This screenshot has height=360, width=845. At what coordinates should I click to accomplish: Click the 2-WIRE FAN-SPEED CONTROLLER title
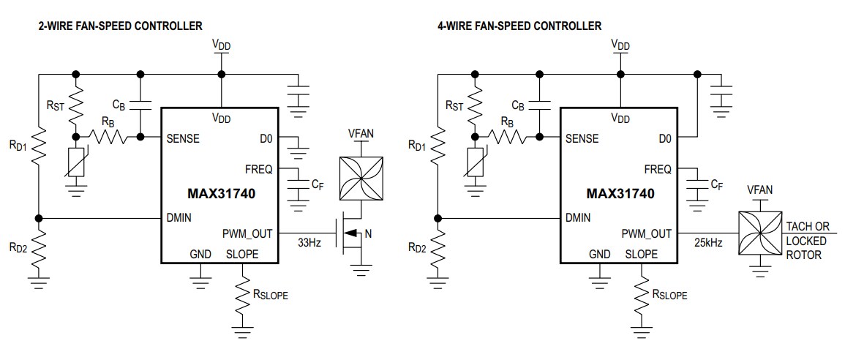[x=120, y=26]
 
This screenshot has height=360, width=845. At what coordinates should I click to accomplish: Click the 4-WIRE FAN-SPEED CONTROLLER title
[x=519, y=26]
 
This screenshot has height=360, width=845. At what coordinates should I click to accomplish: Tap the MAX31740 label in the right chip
[x=620, y=194]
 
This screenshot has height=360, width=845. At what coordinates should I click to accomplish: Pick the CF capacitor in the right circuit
[x=696, y=187]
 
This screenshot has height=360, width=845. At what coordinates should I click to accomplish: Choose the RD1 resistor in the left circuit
[x=40, y=146]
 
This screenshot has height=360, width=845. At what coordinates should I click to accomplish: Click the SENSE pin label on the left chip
[x=183, y=138]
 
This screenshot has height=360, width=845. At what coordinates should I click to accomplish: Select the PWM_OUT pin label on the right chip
[x=646, y=234]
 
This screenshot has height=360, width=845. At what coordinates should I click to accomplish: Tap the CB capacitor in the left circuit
[x=140, y=105]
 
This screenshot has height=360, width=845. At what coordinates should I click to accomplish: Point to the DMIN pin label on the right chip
[x=579, y=217]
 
